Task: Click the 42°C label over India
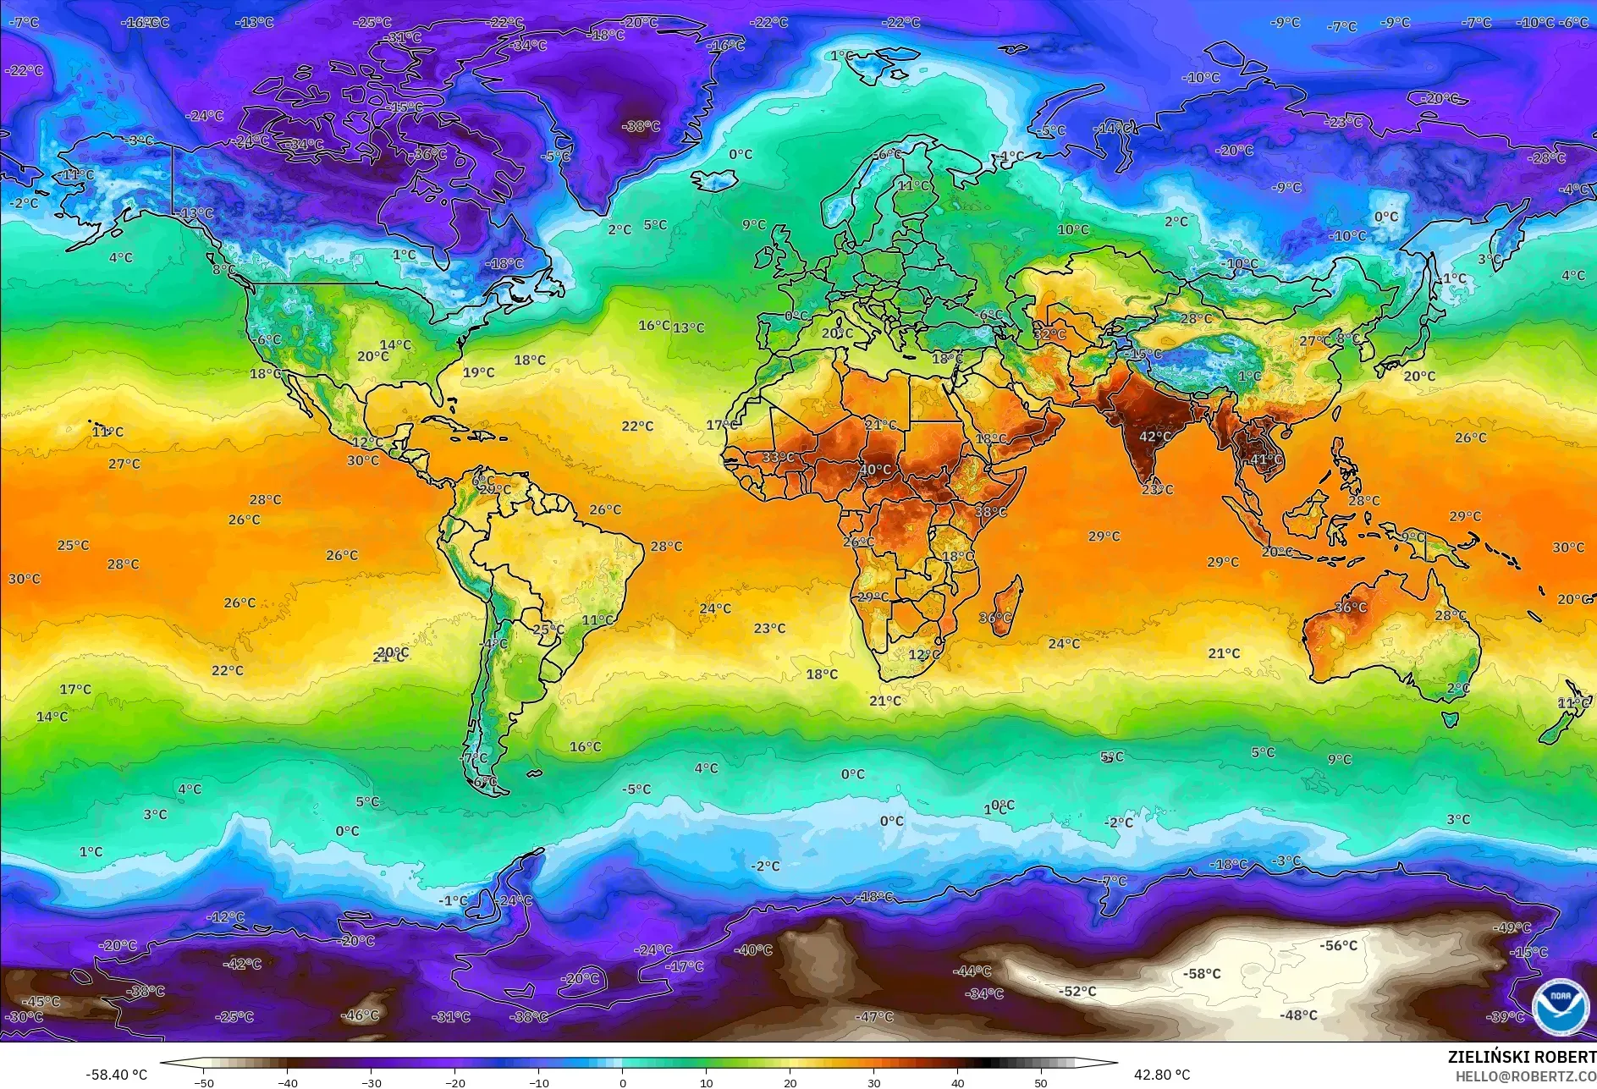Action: [x=1155, y=437]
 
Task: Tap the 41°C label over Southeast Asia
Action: [x=1267, y=459]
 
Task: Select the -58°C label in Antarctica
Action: [x=1202, y=974]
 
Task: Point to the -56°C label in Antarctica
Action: [x=1338, y=945]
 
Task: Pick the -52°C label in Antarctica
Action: [x=1077, y=991]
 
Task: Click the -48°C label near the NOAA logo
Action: [x=1298, y=1015]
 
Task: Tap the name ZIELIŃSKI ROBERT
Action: [x=1521, y=1057]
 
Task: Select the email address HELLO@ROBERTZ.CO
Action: [x=1525, y=1076]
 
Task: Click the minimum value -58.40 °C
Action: [x=116, y=1075]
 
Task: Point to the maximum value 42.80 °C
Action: [x=1161, y=1075]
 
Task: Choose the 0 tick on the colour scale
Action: [x=623, y=1082]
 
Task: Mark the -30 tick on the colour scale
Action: [x=372, y=1082]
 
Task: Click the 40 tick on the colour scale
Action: [x=957, y=1082]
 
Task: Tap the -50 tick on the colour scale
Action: [x=204, y=1082]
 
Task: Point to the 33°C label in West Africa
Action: [x=778, y=458]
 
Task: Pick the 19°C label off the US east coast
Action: [x=478, y=372]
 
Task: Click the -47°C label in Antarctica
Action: [x=874, y=1016]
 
